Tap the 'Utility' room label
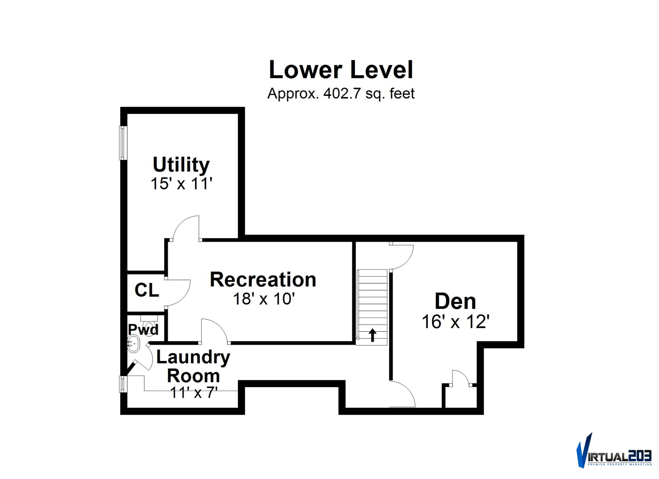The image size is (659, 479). coord(181,165)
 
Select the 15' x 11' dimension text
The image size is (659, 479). coord(181,184)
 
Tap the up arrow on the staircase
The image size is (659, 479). coord(372,335)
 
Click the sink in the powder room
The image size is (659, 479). coord(133,344)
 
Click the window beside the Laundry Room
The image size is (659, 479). coord(123,384)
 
